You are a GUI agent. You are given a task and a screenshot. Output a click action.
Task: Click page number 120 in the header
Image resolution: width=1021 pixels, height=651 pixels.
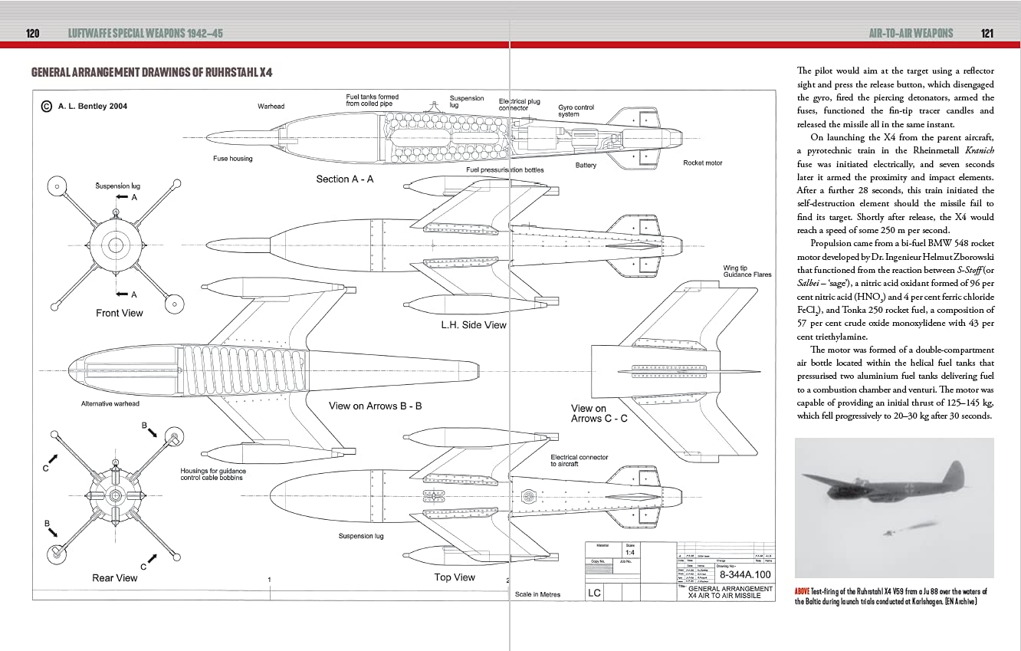(32, 34)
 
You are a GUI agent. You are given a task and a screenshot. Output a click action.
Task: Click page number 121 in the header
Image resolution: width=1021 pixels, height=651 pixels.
(987, 34)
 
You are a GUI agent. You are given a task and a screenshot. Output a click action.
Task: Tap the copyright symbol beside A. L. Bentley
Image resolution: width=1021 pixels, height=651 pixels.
(46, 107)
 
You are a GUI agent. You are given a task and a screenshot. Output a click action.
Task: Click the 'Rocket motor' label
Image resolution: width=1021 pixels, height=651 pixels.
(702, 163)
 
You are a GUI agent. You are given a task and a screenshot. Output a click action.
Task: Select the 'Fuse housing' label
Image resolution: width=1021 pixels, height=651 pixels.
(232, 159)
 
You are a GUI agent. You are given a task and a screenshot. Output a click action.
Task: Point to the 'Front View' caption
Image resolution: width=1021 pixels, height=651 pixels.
(120, 313)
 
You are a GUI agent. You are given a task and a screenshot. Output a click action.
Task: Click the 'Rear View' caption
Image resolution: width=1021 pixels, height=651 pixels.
(115, 578)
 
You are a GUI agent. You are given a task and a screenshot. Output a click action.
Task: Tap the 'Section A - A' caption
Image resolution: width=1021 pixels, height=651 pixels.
(345, 179)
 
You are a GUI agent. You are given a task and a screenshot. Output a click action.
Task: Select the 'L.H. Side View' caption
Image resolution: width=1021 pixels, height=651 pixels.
(473, 325)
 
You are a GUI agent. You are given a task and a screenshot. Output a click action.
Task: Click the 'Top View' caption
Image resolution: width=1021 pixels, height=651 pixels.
(455, 577)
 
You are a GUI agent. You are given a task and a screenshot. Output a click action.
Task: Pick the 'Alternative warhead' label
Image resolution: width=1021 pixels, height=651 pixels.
(110, 403)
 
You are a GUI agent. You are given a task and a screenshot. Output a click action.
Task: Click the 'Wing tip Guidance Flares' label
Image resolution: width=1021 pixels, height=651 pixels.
(747, 271)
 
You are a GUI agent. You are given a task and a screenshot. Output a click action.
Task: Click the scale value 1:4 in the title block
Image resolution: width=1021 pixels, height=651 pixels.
(629, 552)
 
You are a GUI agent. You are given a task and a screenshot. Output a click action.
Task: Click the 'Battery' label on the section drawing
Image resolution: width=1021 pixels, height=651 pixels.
(586, 166)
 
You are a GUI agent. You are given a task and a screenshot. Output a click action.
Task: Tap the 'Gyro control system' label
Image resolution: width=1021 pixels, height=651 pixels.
(576, 111)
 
